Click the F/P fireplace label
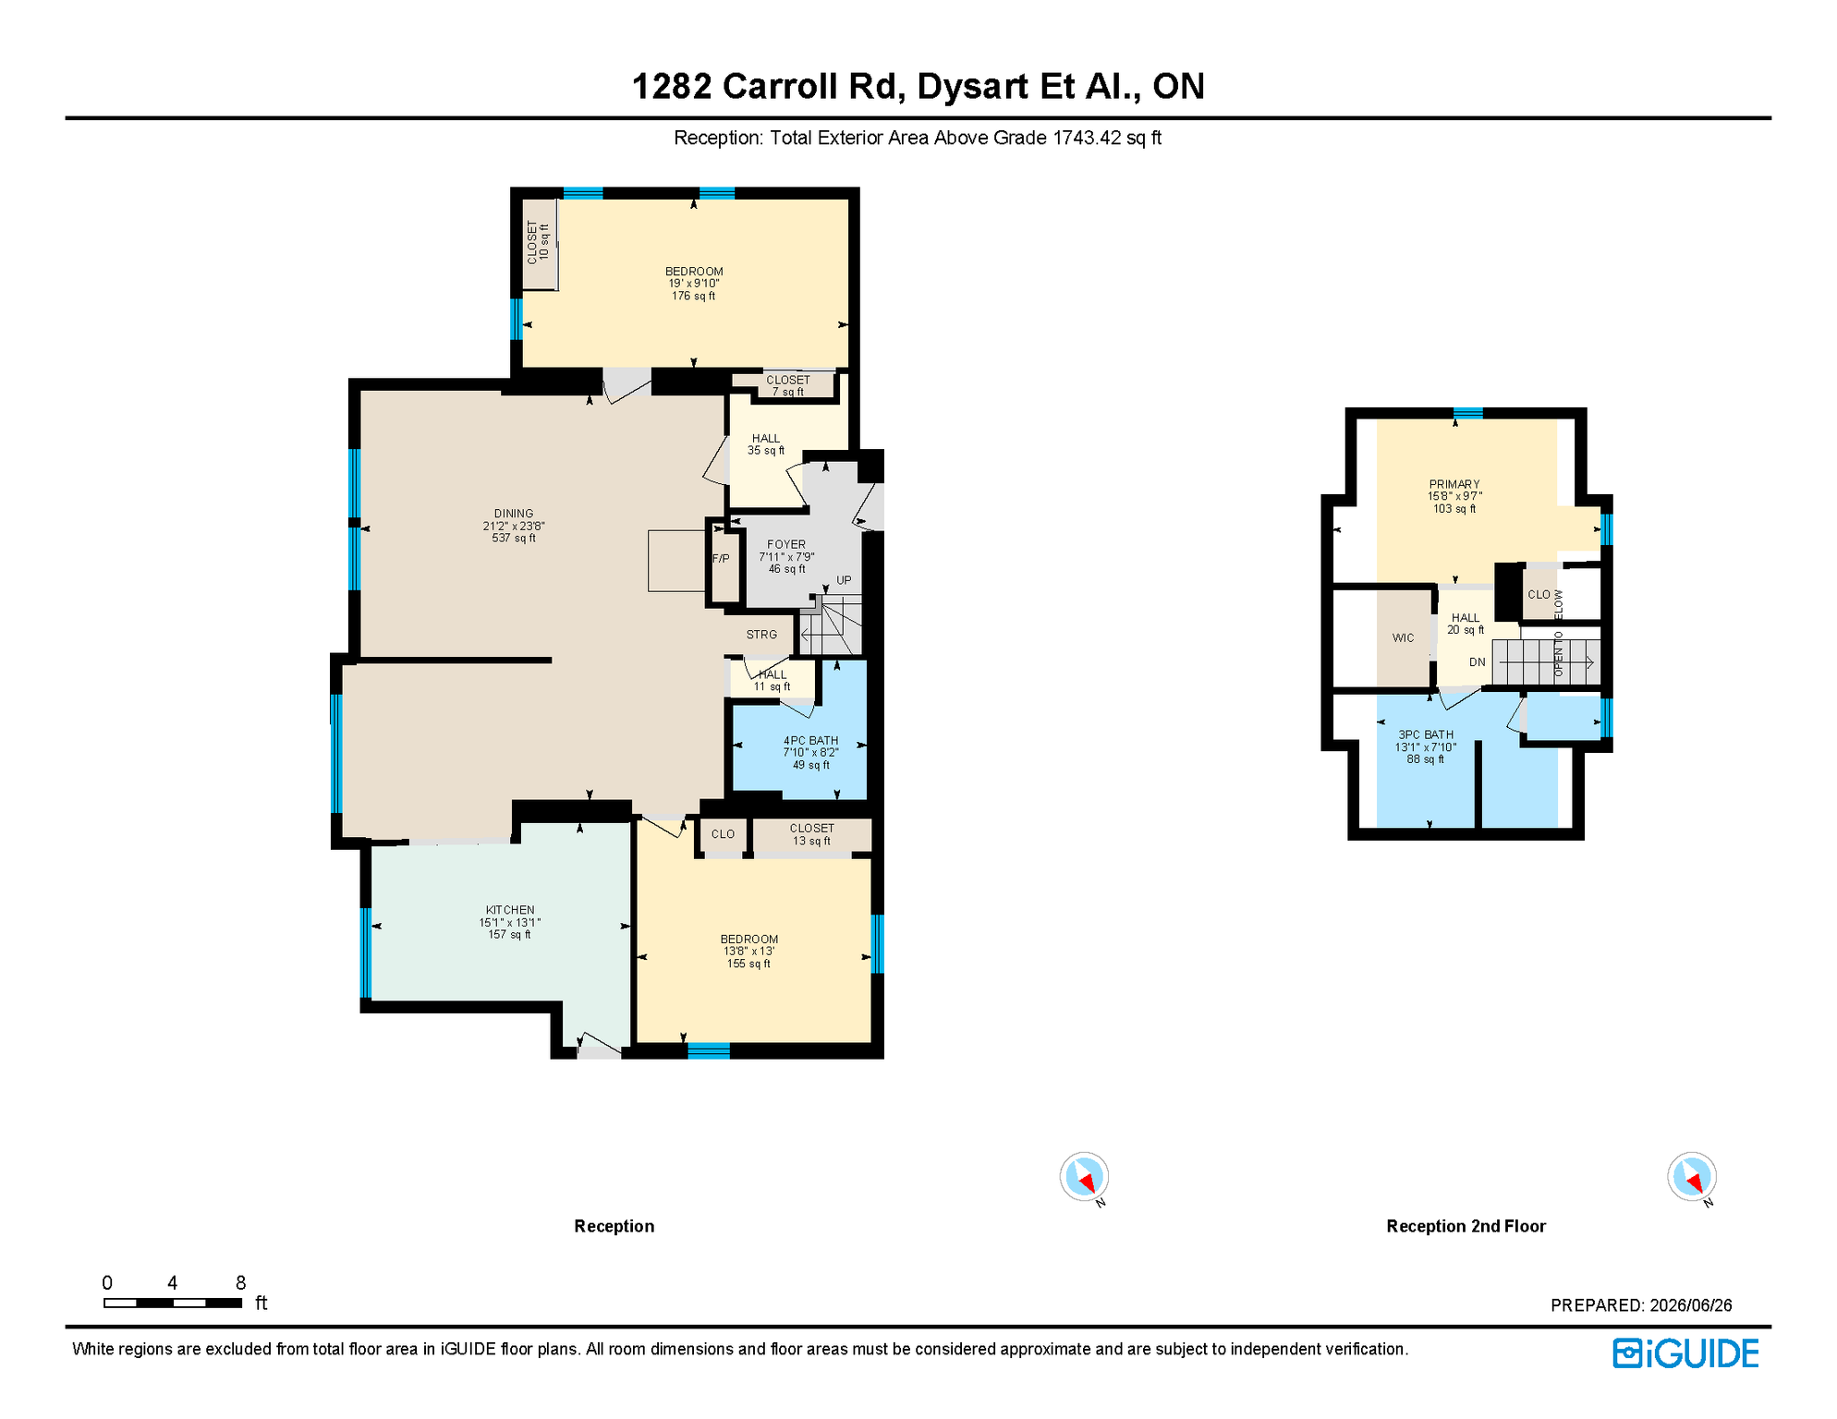(721, 559)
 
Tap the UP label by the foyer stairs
(844, 580)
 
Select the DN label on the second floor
(1477, 661)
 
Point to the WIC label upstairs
(1403, 637)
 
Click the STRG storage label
(761, 635)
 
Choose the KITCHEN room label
(510, 910)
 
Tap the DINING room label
(514, 514)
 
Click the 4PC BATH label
(810, 740)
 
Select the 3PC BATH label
(1426, 734)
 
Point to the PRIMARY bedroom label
(1454, 484)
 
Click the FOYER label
(786, 544)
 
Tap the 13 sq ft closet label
(811, 841)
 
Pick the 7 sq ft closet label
(788, 392)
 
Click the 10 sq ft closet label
(544, 242)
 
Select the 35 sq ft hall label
(766, 451)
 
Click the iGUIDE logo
(1686, 1353)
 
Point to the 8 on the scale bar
(240, 1282)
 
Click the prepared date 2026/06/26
(1691, 1305)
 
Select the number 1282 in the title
(672, 86)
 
